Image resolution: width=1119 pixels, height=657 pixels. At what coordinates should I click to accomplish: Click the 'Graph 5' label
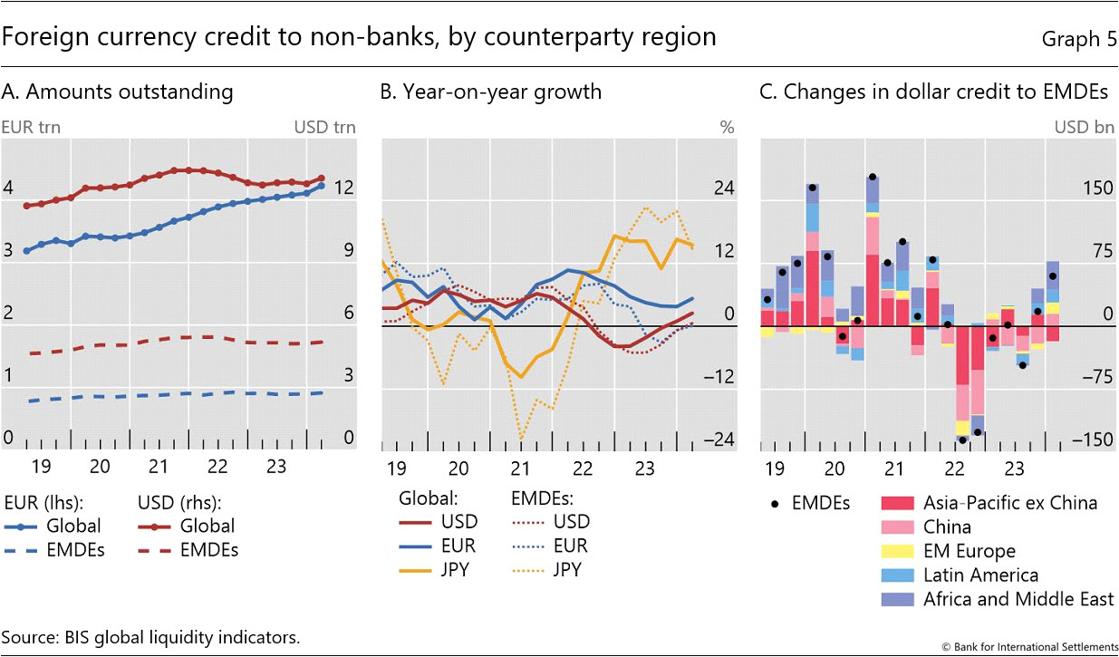point(1079,39)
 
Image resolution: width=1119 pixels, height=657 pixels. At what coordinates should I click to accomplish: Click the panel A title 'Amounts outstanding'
point(118,92)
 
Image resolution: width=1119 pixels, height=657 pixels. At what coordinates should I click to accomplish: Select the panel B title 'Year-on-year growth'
point(490,92)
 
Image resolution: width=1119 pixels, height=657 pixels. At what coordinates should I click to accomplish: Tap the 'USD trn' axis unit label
point(324,127)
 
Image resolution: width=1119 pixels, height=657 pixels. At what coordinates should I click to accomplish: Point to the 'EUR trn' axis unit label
point(33,127)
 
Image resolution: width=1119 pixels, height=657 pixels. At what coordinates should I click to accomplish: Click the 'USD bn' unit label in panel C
point(1084,127)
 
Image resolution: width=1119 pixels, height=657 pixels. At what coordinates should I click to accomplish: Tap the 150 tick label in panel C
point(1097,188)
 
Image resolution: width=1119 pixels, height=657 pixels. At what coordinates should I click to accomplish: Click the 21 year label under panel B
point(520,469)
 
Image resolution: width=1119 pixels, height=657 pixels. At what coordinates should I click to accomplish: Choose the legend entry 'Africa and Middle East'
point(1018,599)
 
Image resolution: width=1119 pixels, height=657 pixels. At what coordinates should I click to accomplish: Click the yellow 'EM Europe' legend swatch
point(897,551)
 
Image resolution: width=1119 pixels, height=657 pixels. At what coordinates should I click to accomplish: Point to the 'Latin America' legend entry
point(980,575)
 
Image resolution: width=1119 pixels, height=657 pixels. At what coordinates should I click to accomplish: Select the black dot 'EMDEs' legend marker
point(773,502)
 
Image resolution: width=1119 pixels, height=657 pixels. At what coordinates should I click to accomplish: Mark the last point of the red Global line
point(322,179)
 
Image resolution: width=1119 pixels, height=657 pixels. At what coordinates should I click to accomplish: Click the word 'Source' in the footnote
point(30,637)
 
